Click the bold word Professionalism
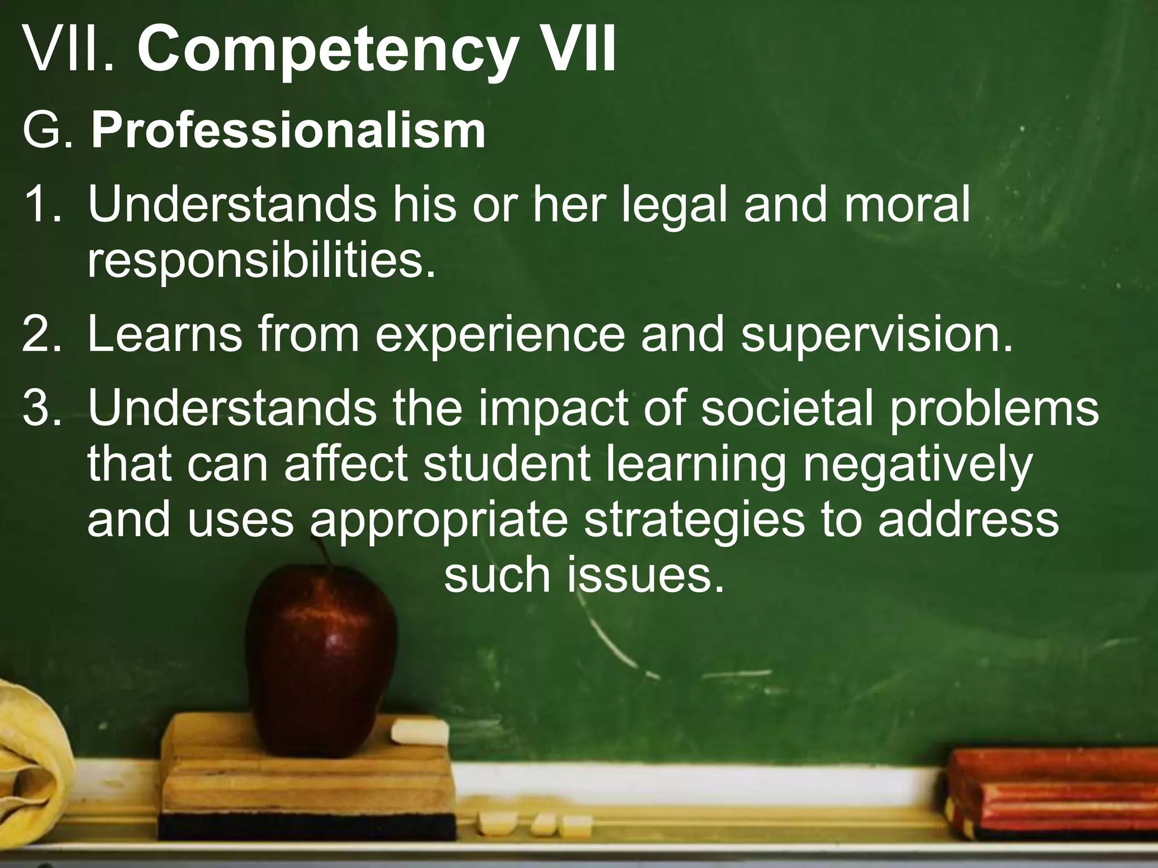pos(288,131)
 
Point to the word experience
pos(500,336)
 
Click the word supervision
pos(876,336)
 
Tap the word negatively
pos(917,465)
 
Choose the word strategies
pos(694,520)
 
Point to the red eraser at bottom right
pos(1052,791)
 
